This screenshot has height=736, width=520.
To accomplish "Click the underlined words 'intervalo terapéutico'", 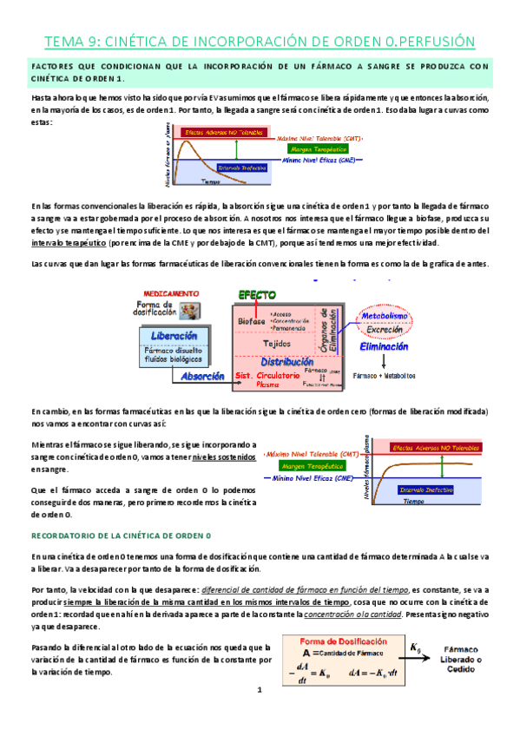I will pos(59,244).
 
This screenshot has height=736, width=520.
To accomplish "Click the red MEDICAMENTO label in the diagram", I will pos(167,293).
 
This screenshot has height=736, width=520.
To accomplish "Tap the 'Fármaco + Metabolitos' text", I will pos(384,375).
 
